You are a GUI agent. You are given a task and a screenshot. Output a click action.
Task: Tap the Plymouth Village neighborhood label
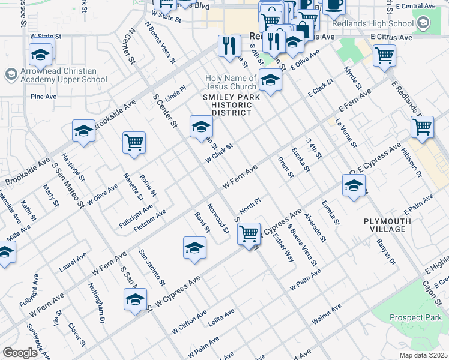tap(388, 226)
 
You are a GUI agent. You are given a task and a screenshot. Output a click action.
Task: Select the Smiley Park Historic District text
tap(231, 104)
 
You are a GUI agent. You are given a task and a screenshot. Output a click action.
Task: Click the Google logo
tap(20, 353)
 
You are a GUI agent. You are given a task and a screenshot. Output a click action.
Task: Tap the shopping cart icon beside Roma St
tap(134, 143)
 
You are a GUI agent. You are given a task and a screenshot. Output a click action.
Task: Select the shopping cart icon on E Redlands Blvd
tap(422, 127)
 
